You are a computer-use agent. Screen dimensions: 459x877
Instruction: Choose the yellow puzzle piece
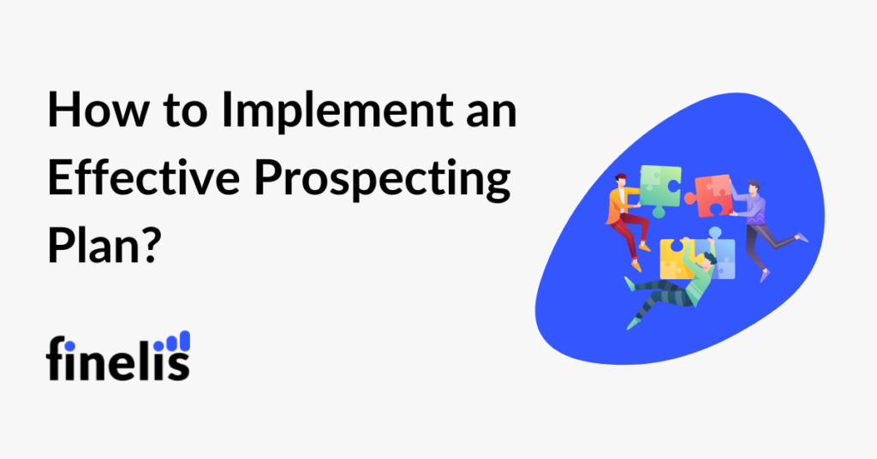pyautogui.click(x=677, y=258)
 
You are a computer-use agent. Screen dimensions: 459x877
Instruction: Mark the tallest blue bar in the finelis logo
pyautogui.click(x=186, y=342)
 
